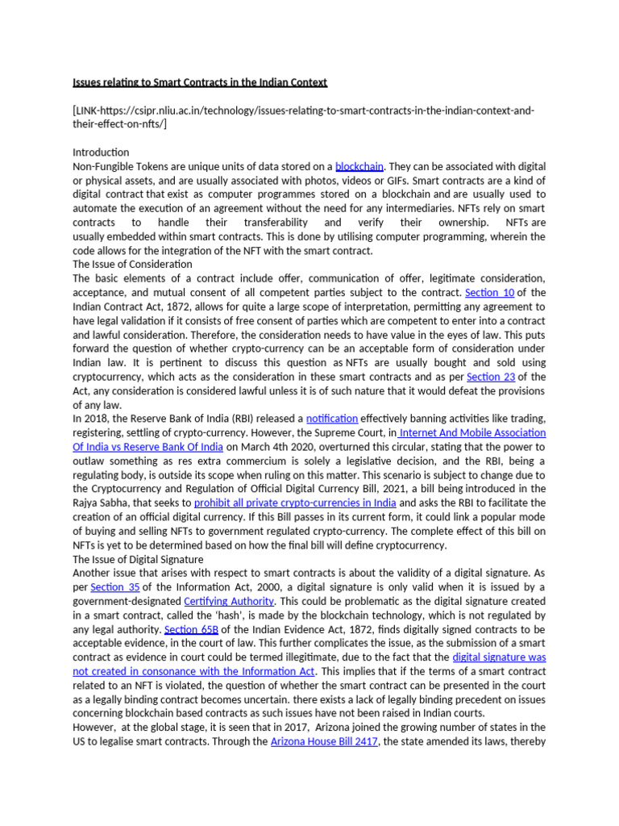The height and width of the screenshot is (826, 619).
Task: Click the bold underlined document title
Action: pyautogui.click(x=200, y=82)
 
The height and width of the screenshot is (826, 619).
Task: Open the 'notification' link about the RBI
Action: pyautogui.click(x=332, y=419)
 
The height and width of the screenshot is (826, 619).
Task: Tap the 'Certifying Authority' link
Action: pyautogui.click(x=230, y=601)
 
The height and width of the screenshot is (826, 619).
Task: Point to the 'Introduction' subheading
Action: pyautogui.click(x=101, y=152)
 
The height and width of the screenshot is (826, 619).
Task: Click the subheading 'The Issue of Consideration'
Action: pyautogui.click(x=132, y=264)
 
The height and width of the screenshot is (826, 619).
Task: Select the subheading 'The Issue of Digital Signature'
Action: pyautogui.click(x=138, y=559)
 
